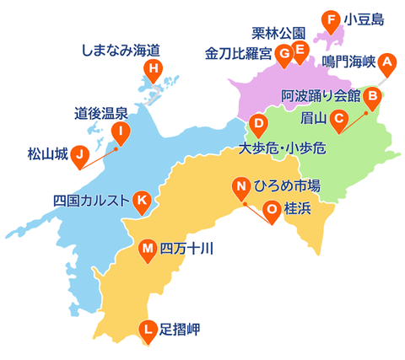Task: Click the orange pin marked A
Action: [386, 62]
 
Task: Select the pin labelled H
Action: [153, 69]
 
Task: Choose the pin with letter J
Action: [79, 154]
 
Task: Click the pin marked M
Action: [148, 249]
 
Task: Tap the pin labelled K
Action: [143, 200]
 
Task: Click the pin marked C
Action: [337, 119]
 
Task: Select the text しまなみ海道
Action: [121, 51]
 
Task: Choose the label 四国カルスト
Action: [91, 201]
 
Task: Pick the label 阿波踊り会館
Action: [321, 97]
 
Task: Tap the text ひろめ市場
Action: [287, 186]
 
